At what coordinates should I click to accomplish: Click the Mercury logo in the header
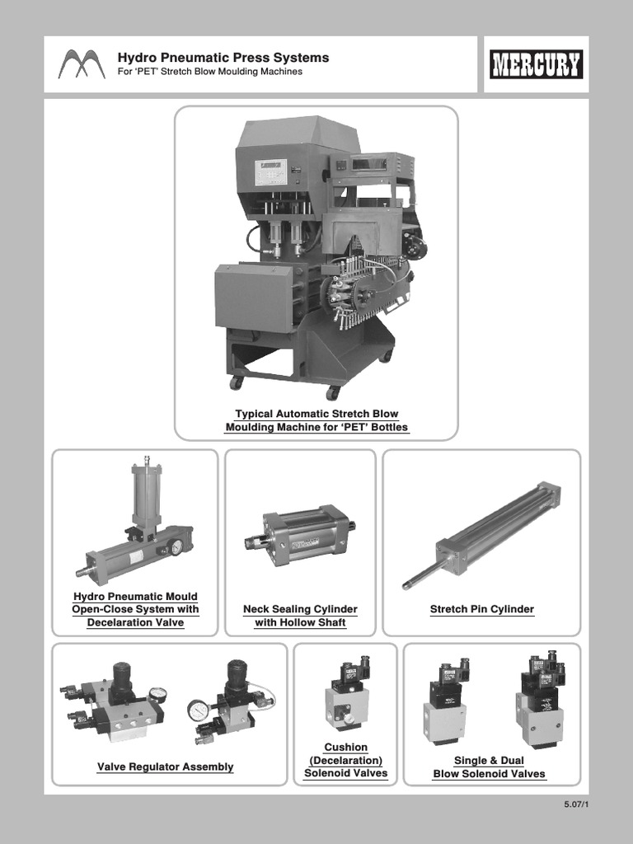pos(536,64)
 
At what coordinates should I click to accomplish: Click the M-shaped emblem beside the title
pos(82,64)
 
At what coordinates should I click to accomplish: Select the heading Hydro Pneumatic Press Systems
pos(223,58)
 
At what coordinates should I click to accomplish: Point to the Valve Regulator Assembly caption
pos(165,767)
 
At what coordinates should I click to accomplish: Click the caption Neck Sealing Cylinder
pos(300,610)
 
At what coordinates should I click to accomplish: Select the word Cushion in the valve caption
pos(346,748)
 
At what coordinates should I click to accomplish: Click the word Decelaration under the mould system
pos(135,623)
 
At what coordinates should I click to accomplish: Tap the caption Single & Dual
pos(489,761)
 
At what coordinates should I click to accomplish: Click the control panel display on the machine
pos(270,172)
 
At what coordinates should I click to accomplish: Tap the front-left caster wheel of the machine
pos(237,383)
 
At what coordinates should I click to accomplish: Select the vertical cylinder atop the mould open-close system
pos(147,495)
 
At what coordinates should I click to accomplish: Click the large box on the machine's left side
pos(252,297)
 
